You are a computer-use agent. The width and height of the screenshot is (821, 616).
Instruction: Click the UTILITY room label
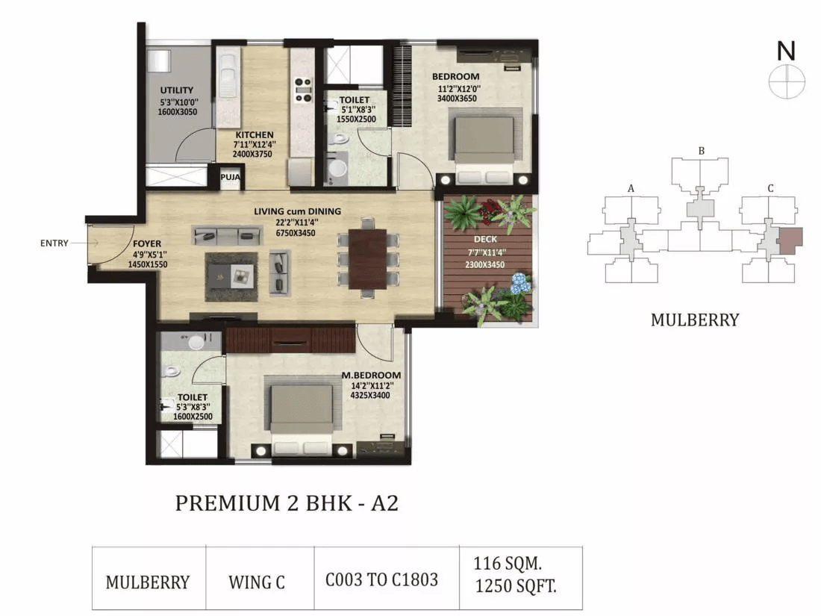coord(176,90)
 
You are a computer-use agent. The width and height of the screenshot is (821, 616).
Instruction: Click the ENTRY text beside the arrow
coord(54,243)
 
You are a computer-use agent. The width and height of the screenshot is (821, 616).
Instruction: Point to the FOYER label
coord(147,243)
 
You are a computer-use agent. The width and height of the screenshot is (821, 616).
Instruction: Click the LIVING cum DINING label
coord(297,211)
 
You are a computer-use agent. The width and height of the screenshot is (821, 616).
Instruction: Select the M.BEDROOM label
coord(371,375)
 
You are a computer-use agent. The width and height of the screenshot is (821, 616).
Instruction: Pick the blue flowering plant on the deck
coord(520,283)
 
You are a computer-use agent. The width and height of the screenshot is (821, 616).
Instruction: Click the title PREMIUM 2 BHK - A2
coord(287,503)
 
